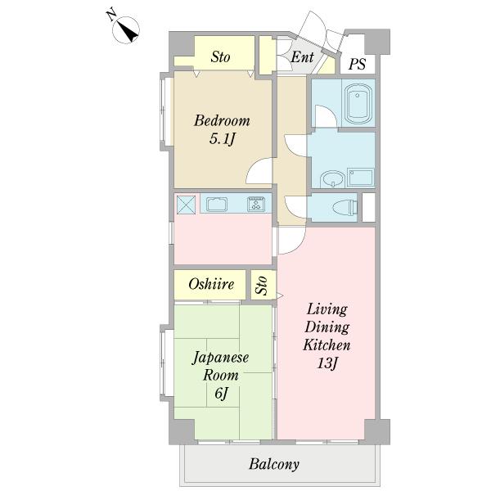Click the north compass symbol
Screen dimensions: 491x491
[126, 29]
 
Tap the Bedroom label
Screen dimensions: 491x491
[222, 121]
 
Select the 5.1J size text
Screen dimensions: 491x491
[222, 139]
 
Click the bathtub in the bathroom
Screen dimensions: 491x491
[358, 103]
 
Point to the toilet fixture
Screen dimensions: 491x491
[345, 207]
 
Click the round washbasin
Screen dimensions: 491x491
[332, 179]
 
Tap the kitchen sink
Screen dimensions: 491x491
[217, 204]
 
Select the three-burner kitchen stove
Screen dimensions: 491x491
[256, 204]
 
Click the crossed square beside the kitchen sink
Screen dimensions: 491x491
[186, 205]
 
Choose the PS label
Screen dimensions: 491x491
[357, 64]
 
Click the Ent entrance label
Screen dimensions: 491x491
[302, 57]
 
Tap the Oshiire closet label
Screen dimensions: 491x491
[211, 284]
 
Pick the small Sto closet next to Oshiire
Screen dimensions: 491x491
[263, 284]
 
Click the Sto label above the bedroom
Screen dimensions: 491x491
[220, 57]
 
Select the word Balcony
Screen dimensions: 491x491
[274, 464]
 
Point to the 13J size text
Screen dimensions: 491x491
[327, 363]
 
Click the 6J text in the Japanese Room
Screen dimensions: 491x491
[222, 393]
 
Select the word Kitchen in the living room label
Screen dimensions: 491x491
[327, 345]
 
